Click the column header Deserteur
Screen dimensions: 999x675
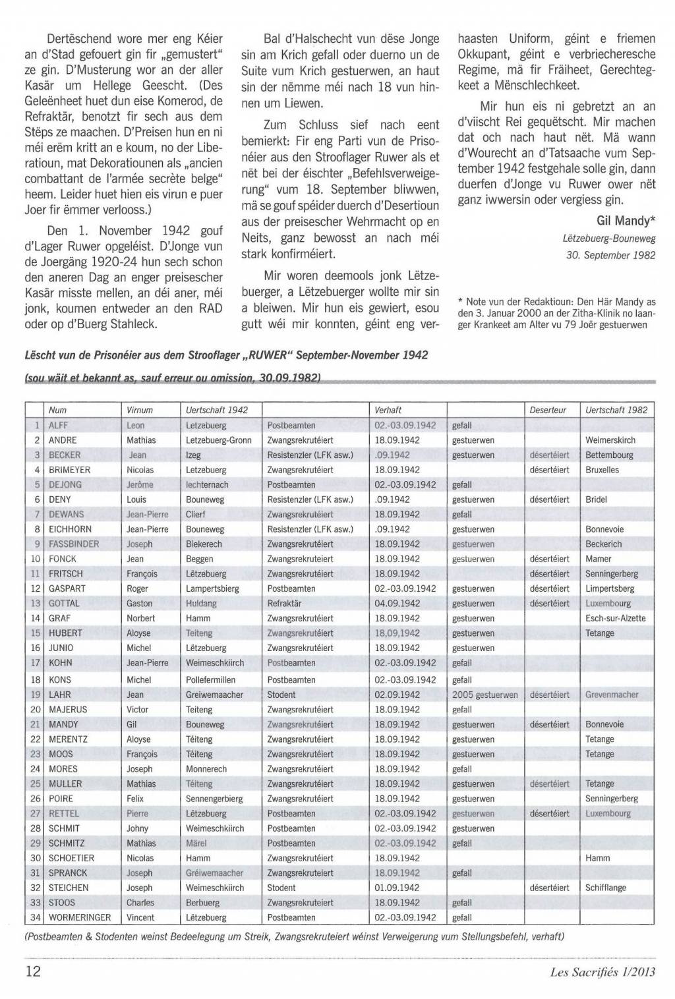pos(548,410)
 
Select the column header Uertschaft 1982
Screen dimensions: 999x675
pos(616,410)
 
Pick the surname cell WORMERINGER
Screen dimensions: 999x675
pos(80,917)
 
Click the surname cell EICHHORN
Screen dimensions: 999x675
pos(71,529)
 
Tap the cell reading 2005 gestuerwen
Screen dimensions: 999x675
pos(484,695)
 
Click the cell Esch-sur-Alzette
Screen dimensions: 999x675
pos(615,618)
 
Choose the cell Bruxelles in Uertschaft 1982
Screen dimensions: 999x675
pos(602,470)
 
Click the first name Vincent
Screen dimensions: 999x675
pos(140,917)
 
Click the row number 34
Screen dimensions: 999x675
pos(36,917)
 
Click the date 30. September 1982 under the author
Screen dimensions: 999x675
pos(610,255)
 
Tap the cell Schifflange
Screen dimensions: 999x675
pos(605,888)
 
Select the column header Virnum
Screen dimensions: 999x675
pos(140,410)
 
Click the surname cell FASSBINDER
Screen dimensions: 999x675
pos(74,544)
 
